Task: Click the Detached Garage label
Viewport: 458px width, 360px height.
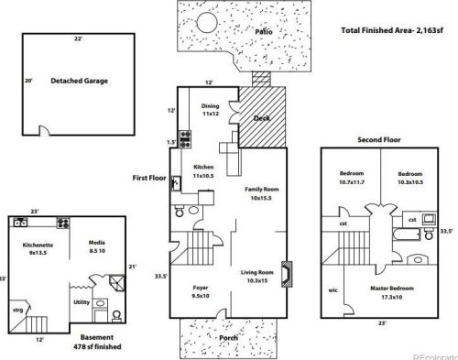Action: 79,81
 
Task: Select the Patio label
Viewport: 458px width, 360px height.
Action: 265,31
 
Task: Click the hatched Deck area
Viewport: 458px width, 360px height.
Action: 263,119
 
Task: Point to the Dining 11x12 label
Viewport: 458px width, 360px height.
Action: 210,110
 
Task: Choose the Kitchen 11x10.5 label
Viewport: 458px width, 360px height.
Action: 204,170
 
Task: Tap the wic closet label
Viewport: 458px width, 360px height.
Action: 333,291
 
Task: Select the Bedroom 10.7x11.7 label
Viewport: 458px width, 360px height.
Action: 352,177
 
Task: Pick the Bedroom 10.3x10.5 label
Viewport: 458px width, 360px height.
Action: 409,177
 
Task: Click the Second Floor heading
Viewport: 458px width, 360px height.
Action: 379,141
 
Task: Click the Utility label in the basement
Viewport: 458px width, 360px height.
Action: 82,300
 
